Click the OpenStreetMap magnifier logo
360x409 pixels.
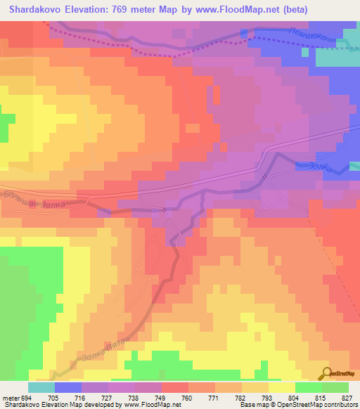click(326, 373)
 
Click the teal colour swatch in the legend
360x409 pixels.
click(41, 387)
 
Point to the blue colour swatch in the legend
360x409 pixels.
click(67, 387)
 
